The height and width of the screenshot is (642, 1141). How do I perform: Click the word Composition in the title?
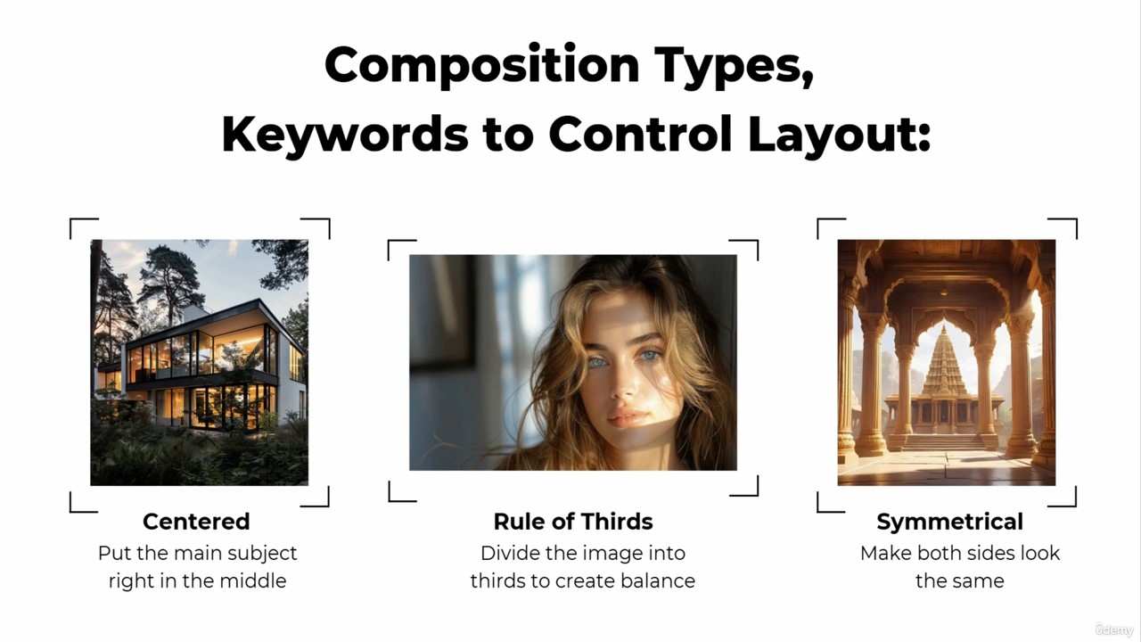(x=482, y=66)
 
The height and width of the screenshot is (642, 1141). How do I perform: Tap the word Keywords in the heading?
(x=345, y=135)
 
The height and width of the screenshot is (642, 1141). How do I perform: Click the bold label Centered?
(x=196, y=522)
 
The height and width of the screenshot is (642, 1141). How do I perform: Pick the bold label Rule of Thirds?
(x=573, y=522)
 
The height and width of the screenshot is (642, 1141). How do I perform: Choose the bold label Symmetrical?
(x=949, y=523)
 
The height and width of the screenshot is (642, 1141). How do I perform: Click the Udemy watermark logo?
(x=1114, y=630)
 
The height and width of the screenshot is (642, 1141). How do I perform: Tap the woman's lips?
(x=628, y=416)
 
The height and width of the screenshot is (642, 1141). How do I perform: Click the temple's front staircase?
(x=944, y=442)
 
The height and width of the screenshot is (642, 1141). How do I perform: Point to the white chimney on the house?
(x=193, y=312)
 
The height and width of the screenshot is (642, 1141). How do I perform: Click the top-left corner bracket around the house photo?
(x=84, y=227)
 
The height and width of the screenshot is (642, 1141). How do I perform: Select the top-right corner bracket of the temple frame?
(x=1063, y=227)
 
